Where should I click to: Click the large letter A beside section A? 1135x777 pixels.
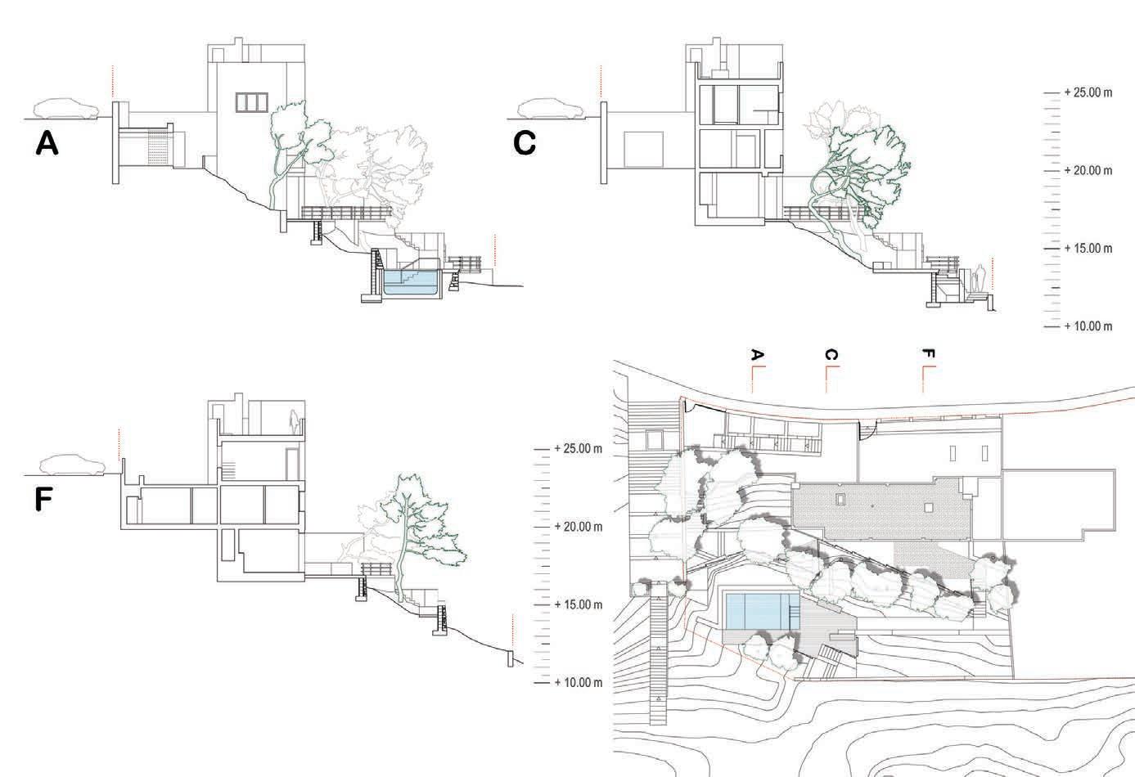[47, 144]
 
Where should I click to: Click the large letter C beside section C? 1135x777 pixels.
[525, 143]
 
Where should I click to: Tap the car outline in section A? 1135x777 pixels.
[65, 109]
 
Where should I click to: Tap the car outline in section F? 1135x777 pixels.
[73, 465]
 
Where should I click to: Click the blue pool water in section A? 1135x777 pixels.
[408, 283]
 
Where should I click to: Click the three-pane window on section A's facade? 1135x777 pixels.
[251, 101]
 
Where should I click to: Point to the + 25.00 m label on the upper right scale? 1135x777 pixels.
[1088, 93]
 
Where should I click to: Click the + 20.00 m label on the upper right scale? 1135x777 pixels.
[1088, 171]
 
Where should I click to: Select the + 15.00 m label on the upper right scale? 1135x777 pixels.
[1088, 249]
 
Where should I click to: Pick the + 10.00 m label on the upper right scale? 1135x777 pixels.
[1088, 326]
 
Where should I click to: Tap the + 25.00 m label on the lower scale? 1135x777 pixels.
[578, 449]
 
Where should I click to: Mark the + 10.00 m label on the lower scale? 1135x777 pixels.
[578, 682]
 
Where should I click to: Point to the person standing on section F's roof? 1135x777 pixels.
[292, 420]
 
